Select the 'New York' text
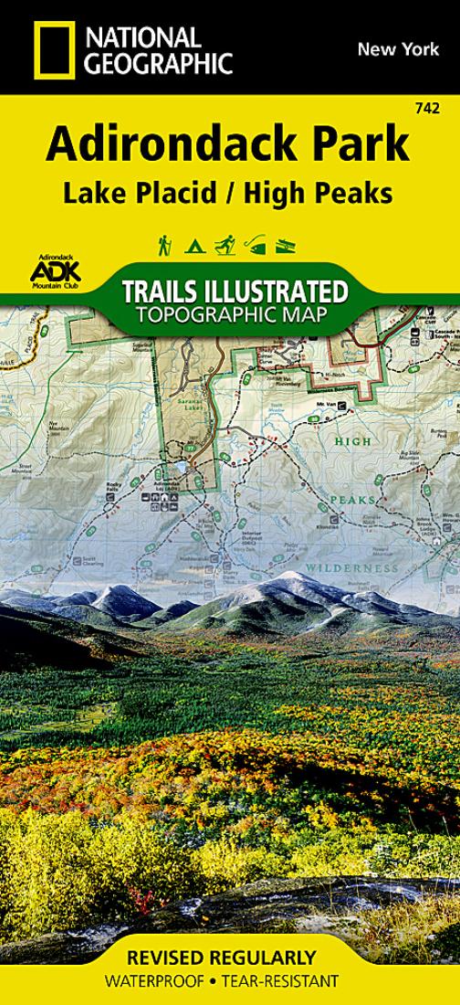click(x=392, y=49)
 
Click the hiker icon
click(x=164, y=245)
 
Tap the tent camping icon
click(x=193, y=246)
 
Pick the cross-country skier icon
click(x=225, y=245)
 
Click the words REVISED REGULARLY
click(x=229, y=957)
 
